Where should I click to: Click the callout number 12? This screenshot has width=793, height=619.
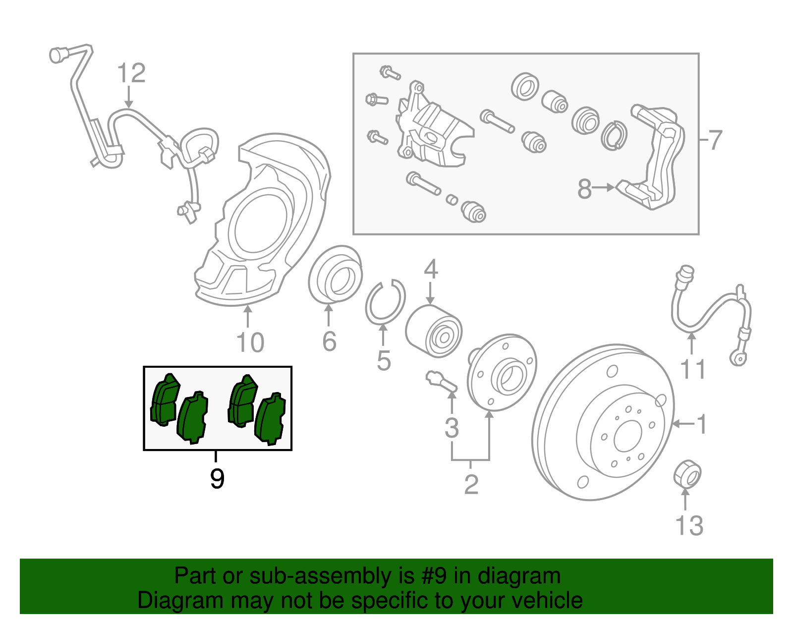click(x=131, y=73)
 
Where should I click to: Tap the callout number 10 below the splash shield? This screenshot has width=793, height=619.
click(x=250, y=342)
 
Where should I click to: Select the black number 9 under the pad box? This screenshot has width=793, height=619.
click(x=217, y=479)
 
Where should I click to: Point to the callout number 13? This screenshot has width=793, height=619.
click(x=689, y=526)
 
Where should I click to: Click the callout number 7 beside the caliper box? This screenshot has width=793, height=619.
click(x=715, y=140)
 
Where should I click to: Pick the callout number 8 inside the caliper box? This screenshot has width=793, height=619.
click(x=584, y=189)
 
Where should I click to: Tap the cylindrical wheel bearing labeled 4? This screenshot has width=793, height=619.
click(x=434, y=332)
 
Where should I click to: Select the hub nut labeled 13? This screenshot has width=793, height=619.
click(x=687, y=473)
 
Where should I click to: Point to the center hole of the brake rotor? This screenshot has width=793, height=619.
click(x=627, y=437)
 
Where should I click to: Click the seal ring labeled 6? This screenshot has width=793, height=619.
click(x=335, y=275)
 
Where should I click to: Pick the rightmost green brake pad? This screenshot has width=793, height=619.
click(x=270, y=419)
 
